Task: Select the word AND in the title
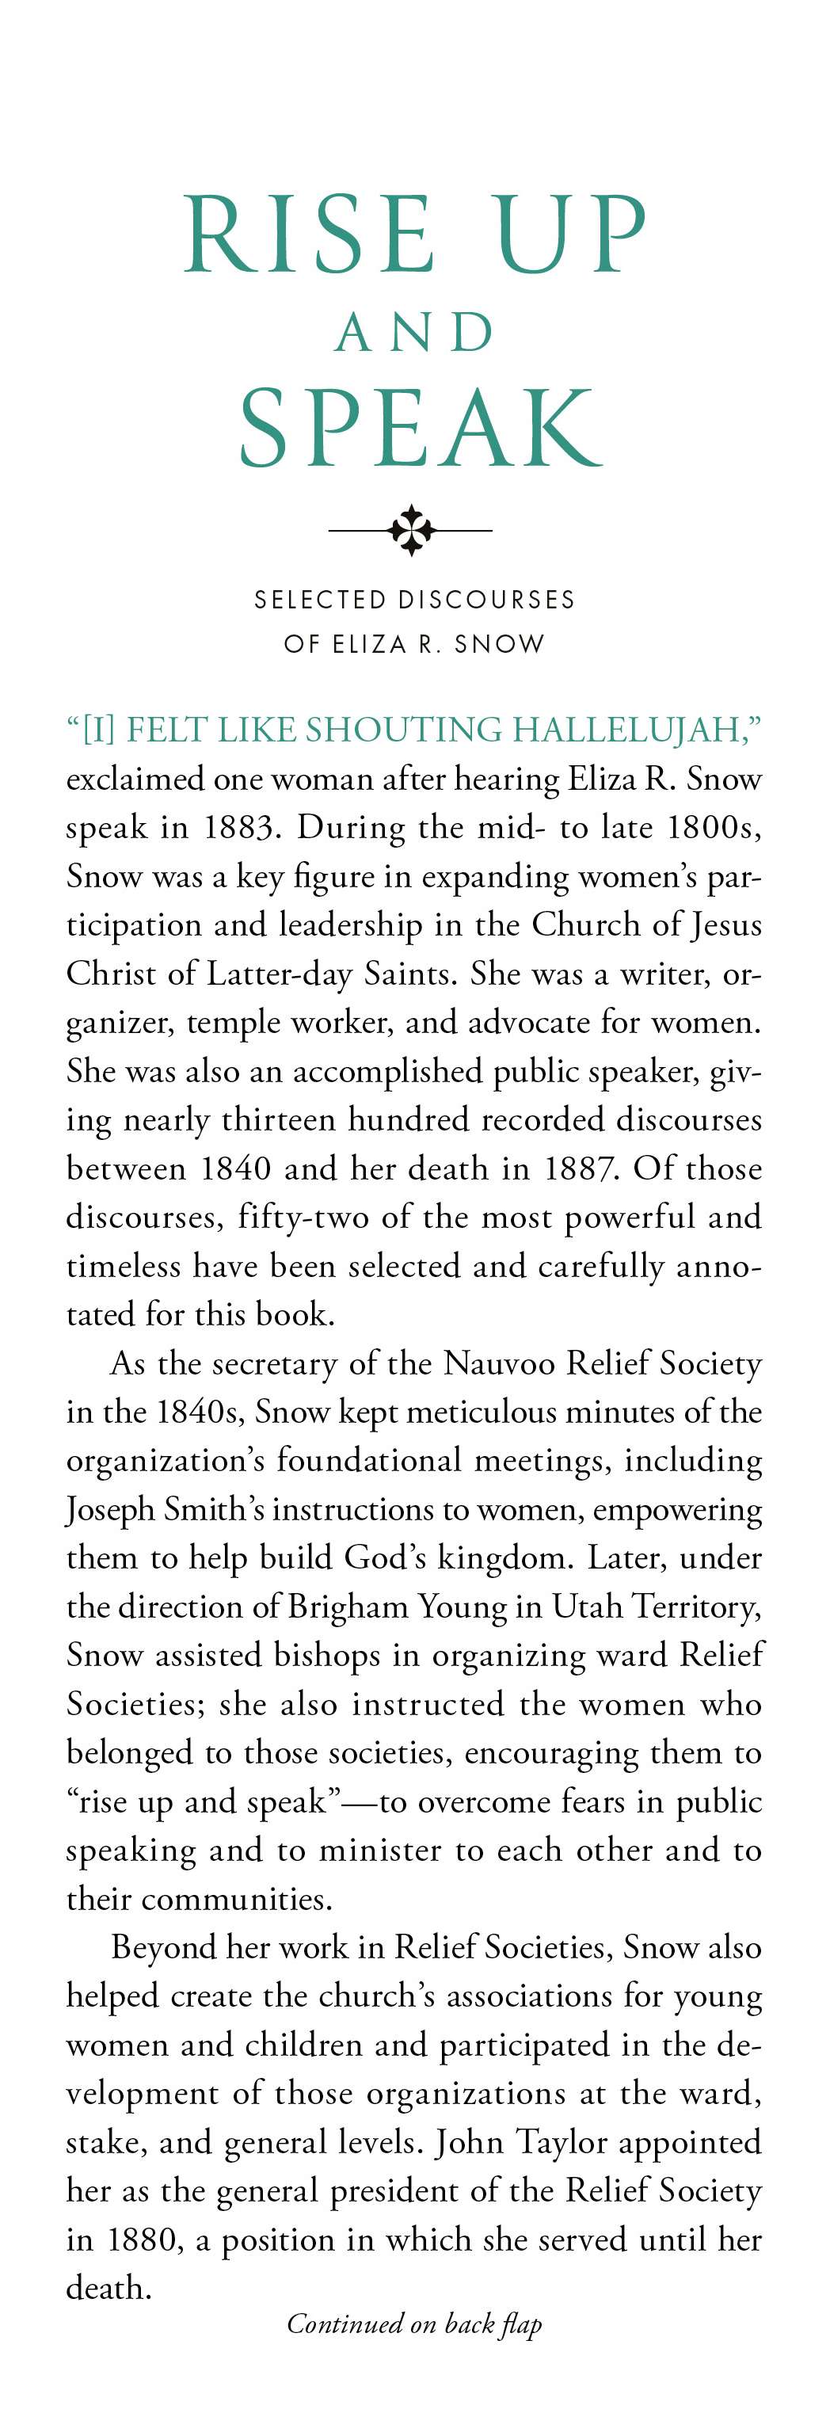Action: pos(415,333)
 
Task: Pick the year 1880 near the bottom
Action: pos(143,2240)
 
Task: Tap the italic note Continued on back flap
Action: pos(414,2324)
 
